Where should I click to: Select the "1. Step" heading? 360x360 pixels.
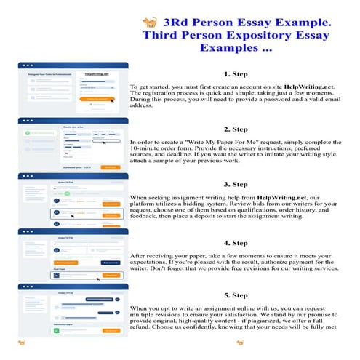pos(237,73)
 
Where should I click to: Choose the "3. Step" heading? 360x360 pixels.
pos(237,184)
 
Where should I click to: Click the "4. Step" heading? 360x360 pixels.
pos(237,243)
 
